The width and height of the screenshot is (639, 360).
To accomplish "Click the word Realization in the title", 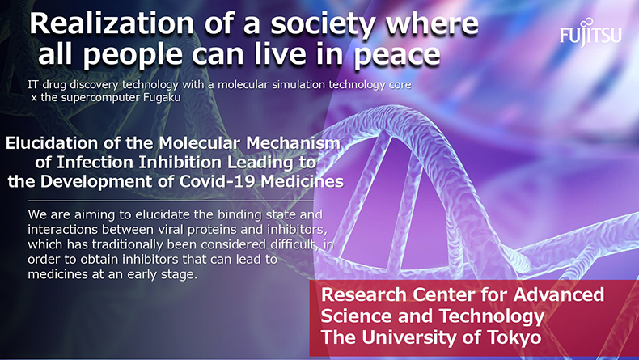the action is pos(112,23).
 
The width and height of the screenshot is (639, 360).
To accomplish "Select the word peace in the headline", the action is pos(397,55).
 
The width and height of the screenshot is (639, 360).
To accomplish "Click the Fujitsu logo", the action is pos(590,32).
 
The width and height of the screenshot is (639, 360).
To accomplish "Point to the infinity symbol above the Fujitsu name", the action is pos(587,23).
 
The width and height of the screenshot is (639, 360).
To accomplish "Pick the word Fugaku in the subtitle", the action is pos(162,98).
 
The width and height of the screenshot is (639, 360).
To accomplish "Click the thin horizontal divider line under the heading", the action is pos(171,201).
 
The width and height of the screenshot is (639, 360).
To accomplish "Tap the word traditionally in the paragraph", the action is pos(141,244).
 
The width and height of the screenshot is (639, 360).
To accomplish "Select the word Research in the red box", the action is pos(363,294).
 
